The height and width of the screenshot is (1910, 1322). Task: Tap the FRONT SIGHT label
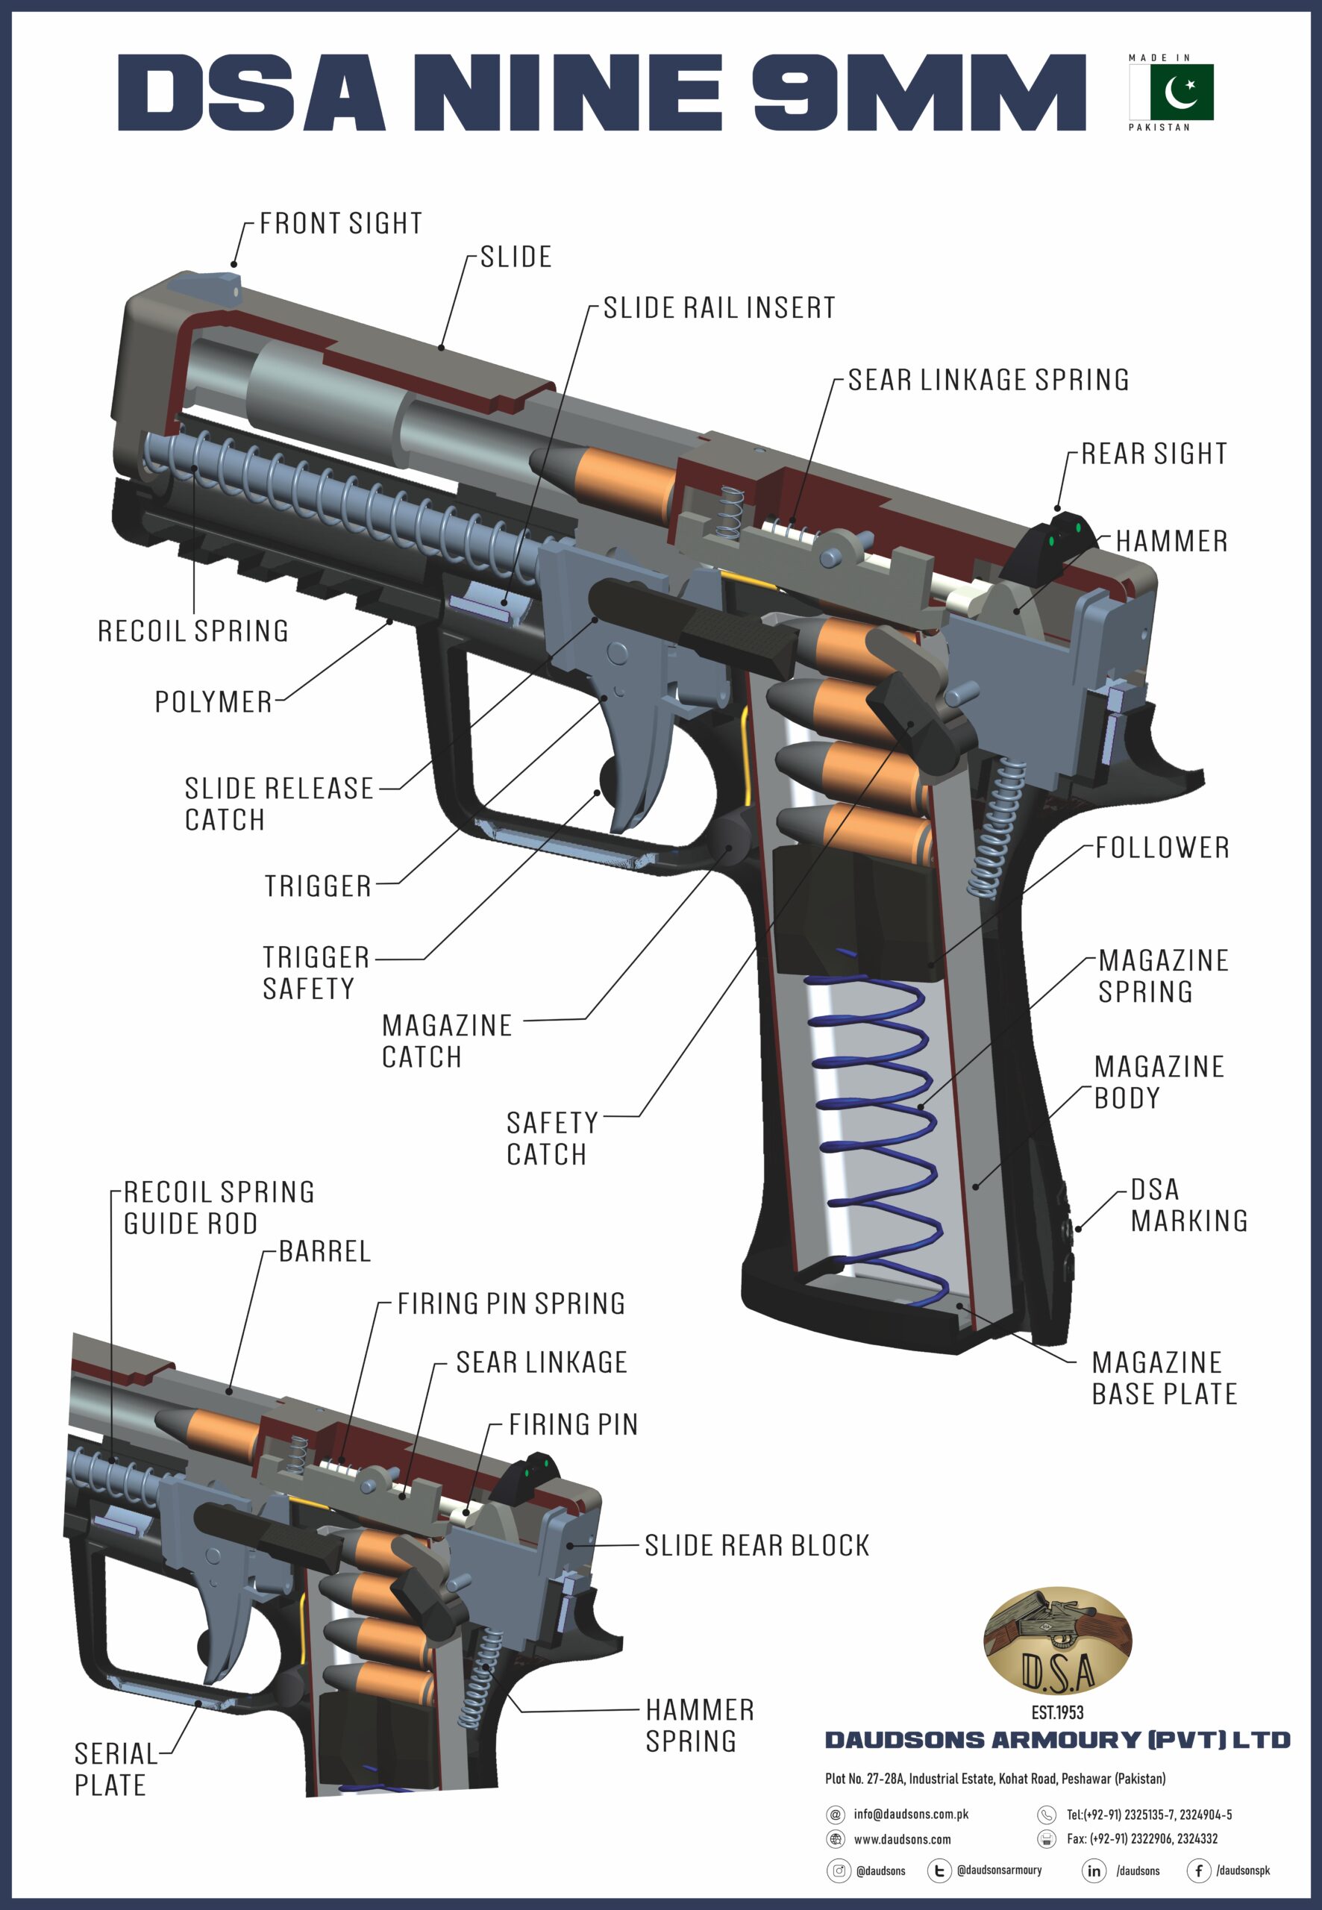(x=340, y=224)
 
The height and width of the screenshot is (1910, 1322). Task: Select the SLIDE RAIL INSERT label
(x=718, y=308)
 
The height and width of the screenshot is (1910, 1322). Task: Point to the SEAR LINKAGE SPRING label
(x=989, y=381)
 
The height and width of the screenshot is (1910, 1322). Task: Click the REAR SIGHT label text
(x=1154, y=454)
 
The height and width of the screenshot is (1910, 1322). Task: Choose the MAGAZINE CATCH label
(x=445, y=1041)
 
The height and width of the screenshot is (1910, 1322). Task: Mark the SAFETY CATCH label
(x=551, y=1138)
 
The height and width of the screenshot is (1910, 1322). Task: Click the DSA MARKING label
(x=1188, y=1205)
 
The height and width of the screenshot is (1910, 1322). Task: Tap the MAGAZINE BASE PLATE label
(x=1163, y=1378)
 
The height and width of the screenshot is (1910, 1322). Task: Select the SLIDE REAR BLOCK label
(x=757, y=1546)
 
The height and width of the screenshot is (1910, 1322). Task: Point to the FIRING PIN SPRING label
(x=511, y=1303)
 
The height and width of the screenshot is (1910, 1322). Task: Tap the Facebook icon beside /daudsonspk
(x=1197, y=1870)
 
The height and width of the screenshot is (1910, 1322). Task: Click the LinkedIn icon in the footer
(x=1094, y=1870)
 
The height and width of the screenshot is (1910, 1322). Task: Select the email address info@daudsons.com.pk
(x=910, y=1814)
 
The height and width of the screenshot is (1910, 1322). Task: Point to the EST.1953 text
(x=1057, y=1712)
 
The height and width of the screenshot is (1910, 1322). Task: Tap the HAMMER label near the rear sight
(x=1171, y=542)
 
